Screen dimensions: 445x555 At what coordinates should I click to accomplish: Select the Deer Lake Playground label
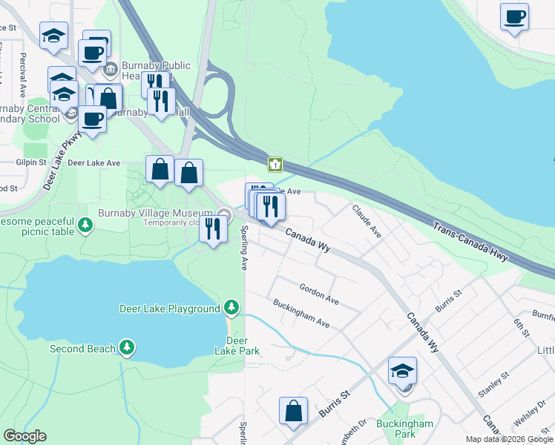point(170,308)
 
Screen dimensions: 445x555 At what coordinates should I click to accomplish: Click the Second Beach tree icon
point(127,347)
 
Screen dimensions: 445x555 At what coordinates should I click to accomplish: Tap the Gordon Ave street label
point(319,294)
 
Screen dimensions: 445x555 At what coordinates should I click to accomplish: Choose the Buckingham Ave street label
point(301,314)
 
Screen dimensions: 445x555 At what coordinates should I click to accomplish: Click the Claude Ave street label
point(367,221)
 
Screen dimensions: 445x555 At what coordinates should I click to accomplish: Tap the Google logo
point(24,436)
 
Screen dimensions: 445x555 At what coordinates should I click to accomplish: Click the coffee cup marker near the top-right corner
point(513,16)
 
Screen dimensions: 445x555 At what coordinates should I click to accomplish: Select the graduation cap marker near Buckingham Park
point(402,371)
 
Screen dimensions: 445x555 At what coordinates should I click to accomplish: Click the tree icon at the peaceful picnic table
point(85,223)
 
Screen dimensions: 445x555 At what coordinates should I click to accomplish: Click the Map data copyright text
point(508,439)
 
